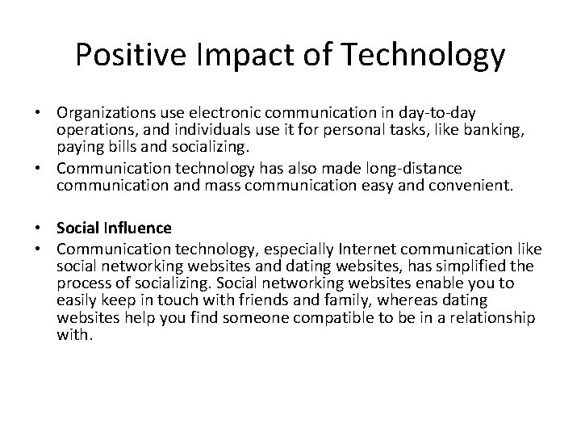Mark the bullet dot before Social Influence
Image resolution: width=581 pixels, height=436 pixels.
tap(46, 228)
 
